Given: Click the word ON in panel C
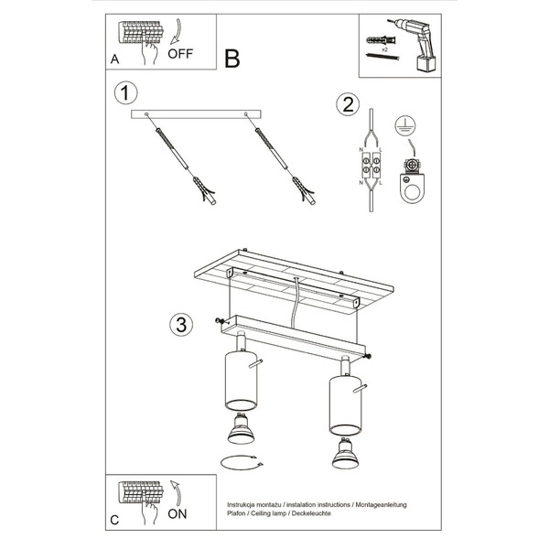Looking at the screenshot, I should [178, 514].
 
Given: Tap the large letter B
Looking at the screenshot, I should [231, 59].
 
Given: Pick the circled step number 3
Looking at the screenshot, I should [180, 324].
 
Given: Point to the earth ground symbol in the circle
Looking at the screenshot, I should [406, 128].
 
